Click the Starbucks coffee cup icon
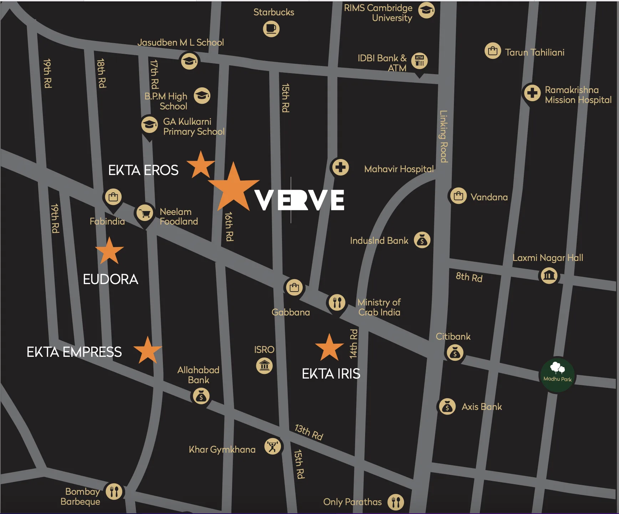271,29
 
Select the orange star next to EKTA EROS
201,165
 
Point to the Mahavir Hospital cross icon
341,167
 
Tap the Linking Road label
443,137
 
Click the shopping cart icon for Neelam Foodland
145,213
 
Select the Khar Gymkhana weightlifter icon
273,447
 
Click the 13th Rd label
309,432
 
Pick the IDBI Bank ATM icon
419,61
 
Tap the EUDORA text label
110,279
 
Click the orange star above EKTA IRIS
329,348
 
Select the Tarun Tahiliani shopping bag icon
493,51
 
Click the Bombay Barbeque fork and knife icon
114,492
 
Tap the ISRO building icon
264,366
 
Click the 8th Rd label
469,277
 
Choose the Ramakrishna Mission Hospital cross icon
532,93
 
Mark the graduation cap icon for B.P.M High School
202,96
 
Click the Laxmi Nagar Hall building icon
549,276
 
